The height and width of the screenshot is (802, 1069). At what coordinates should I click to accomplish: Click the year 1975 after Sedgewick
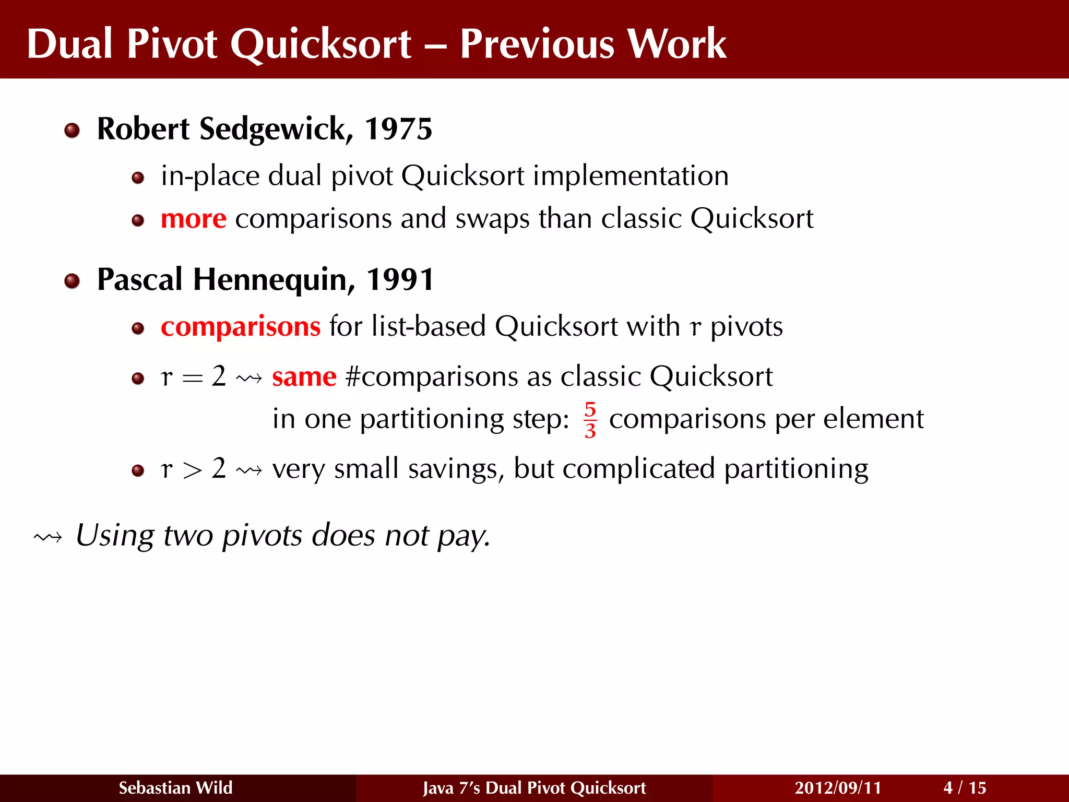pos(398,129)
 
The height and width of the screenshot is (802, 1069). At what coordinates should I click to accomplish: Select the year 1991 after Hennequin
pos(400,279)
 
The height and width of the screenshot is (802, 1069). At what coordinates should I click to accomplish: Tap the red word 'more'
pos(193,219)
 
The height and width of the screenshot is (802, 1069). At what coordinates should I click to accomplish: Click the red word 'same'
pos(304,377)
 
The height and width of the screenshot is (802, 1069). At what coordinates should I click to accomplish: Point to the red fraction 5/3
pos(590,420)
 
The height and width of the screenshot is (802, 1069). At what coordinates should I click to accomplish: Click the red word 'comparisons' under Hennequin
pos(240,327)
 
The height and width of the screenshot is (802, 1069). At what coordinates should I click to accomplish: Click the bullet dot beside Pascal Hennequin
pos(72,281)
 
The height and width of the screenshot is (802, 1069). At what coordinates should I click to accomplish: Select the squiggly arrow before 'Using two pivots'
pos(47,537)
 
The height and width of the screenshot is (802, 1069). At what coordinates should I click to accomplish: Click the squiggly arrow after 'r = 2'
pos(248,378)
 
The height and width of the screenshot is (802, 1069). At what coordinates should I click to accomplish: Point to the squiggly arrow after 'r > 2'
pos(248,470)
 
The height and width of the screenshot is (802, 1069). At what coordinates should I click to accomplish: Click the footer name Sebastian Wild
pos(175,787)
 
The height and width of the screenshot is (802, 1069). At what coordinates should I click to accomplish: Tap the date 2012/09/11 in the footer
pos(837,787)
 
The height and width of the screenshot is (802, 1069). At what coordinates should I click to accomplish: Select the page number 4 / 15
pos(965,787)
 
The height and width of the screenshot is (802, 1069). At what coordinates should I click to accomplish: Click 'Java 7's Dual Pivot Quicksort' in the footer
pos(534,787)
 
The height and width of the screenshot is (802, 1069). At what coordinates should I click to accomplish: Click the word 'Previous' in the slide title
pos(538,44)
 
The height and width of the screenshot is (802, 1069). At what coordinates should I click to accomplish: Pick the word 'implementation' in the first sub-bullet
pos(631,176)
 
